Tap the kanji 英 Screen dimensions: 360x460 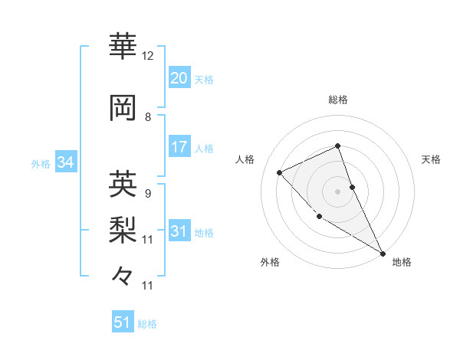(x=123, y=183)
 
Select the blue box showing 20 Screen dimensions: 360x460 (x=179, y=78)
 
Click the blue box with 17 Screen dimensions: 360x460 (x=179, y=147)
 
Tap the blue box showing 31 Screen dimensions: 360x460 (x=179, y=231)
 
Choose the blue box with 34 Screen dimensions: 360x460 (x=65, y=162)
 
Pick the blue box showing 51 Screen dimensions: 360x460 (x=123, y=322)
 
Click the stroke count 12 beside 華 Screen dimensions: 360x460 (x=148, y=56)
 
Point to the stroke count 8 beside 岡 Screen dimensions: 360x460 (x=148, y=117)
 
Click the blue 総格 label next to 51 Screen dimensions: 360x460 (x=147, y=324)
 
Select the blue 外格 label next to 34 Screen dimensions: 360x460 (x=41, y=164)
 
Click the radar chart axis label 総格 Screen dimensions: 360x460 (x=338, y=100)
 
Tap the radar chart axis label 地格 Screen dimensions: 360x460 (x=402, y=262)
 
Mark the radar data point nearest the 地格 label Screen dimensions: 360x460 (x=383, y=253)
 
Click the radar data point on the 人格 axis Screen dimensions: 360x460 (x=280, y=172)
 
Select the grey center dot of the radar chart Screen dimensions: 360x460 (x=337, y=191)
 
